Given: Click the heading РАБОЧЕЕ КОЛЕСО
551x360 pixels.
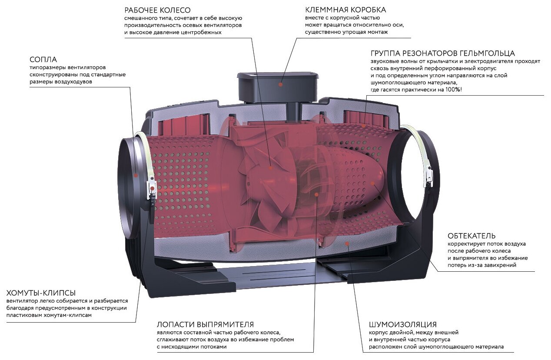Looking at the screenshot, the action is (157, 10).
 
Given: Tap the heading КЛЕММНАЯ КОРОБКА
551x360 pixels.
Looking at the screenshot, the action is (345, 10).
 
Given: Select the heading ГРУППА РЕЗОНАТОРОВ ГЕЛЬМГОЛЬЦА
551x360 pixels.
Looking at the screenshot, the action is (443, 53).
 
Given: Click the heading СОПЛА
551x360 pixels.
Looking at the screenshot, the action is (43, 59).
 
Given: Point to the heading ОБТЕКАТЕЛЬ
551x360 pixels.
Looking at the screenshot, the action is (471, 236).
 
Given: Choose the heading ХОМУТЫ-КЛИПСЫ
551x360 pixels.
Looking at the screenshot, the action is (41, 293).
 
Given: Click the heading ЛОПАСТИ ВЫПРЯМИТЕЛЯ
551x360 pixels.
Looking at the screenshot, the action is (206, 324).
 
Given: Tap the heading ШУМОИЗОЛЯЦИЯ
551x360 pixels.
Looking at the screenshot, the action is (403, 324).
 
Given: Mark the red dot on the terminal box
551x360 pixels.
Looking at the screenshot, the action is (281, 85).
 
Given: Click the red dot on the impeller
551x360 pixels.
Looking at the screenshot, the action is (270, 167).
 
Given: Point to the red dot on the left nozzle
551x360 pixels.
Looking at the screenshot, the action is (136, 175).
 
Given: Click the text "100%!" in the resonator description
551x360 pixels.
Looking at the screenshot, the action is (451, 90).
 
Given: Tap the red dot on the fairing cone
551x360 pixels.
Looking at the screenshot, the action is (372, 183).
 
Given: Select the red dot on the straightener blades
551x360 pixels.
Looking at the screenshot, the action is (317, 194).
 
